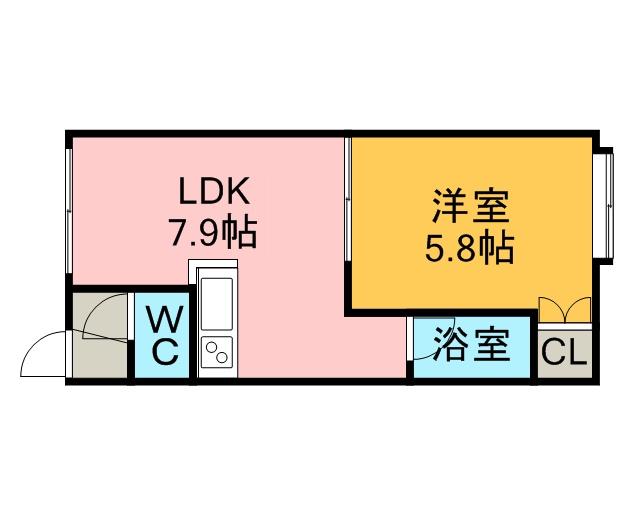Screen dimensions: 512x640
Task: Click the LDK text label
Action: tap(212, 191)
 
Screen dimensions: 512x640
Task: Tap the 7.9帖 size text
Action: tap(212, 234)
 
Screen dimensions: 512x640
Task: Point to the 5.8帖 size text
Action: tap(469, 247)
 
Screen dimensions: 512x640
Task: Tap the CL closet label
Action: tap(565, 353)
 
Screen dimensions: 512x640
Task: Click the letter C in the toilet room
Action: tap(164, 353)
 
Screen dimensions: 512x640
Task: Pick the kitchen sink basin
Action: tap(217, 300)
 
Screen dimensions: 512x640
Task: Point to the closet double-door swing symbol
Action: tap(563, 311)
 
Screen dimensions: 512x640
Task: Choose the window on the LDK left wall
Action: tap(68, 210)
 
